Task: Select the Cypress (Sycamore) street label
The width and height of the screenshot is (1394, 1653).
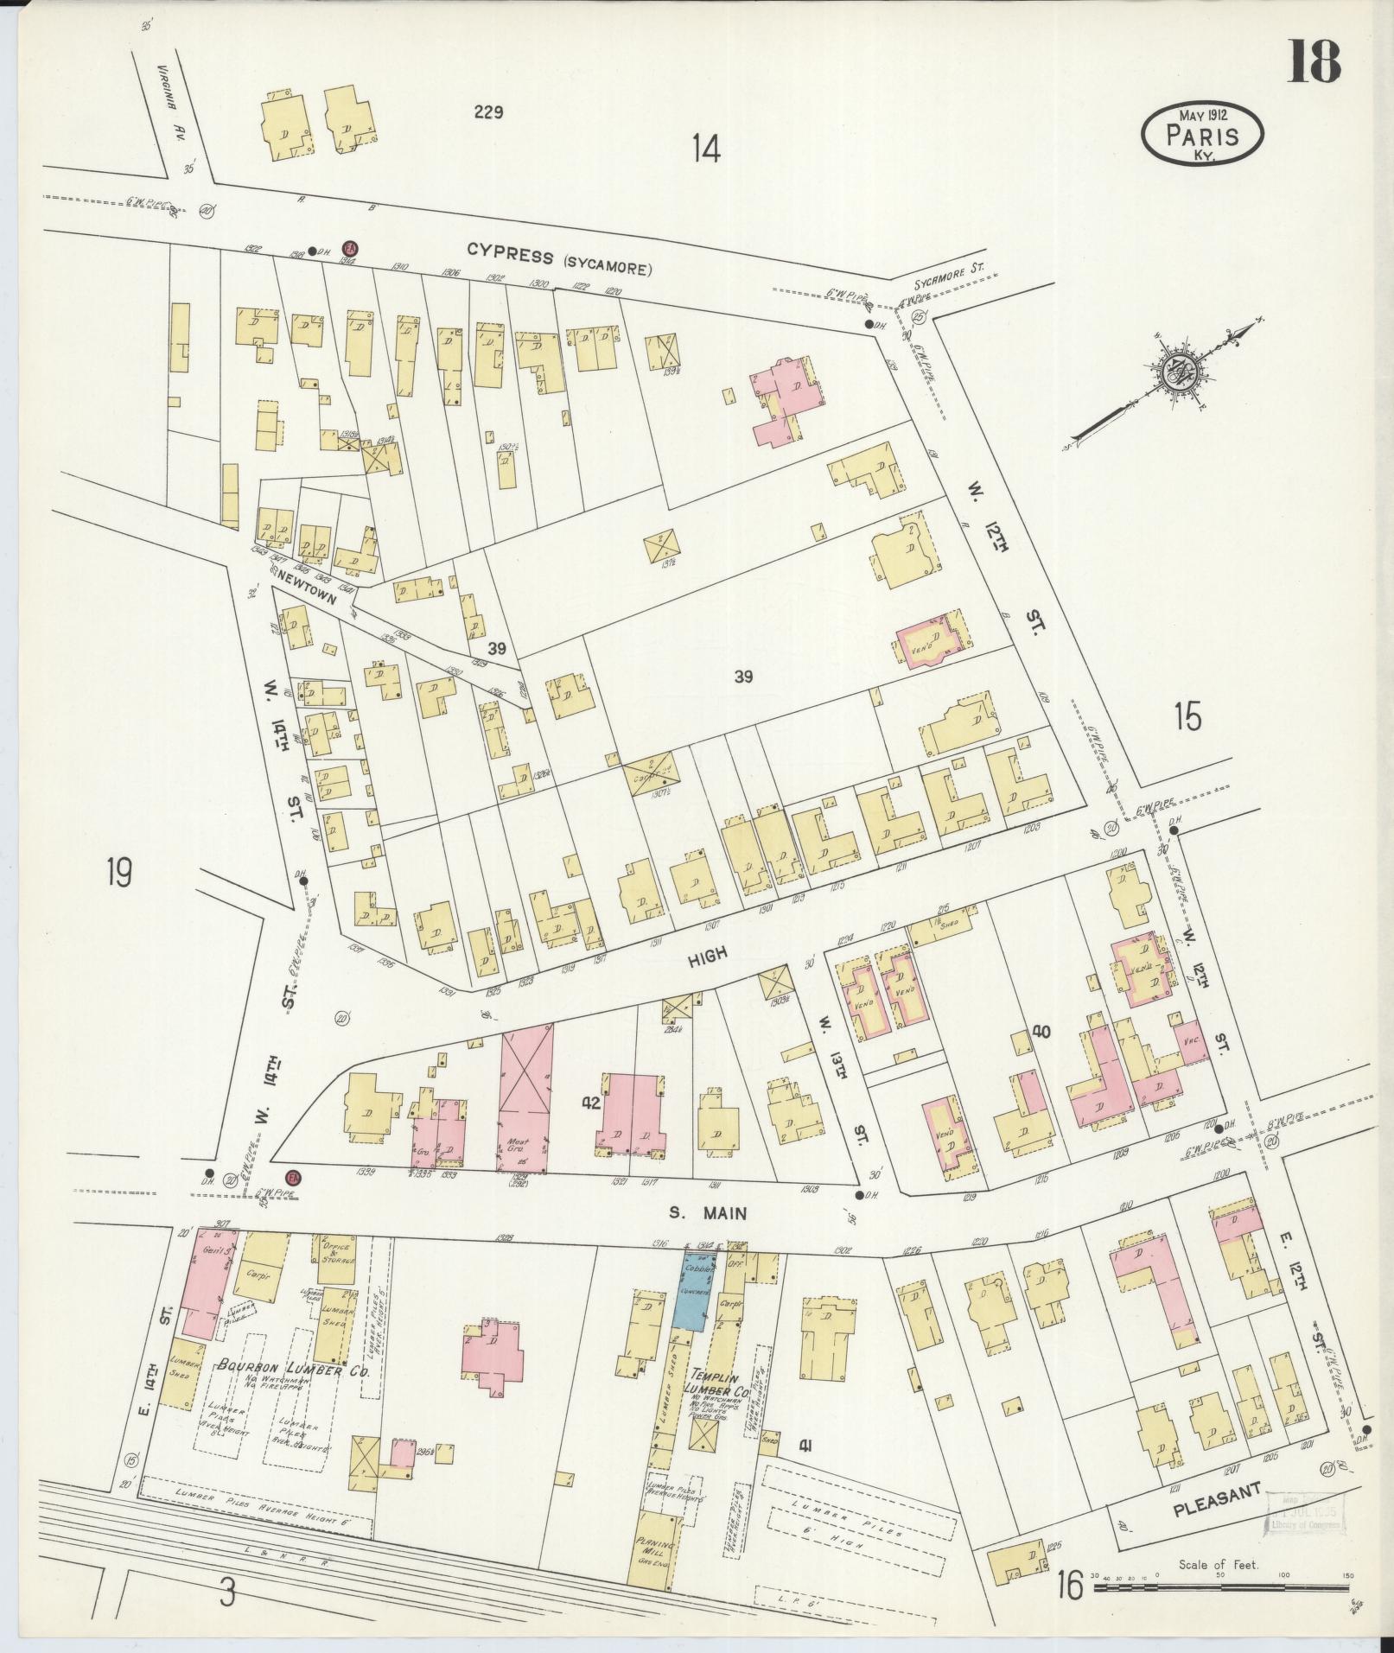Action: coord(559,260)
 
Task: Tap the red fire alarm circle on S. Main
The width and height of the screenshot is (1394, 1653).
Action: coord(292,1179)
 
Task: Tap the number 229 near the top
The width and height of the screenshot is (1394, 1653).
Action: coord(488,111)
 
